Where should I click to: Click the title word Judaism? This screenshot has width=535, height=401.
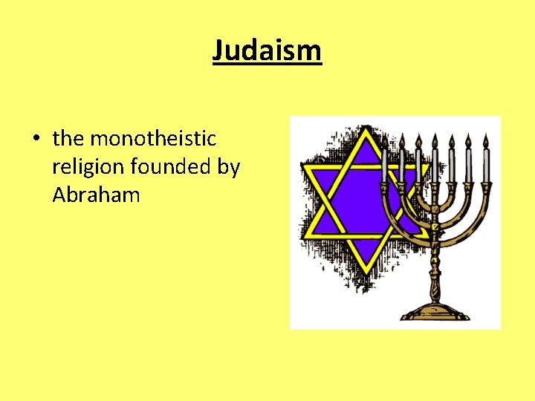(x=267, y=51)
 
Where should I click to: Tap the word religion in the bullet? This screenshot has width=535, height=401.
(x=88, y=168)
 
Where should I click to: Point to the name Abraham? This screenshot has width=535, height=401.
(x=96, y=195)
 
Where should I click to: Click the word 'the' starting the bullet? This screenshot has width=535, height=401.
(x=68, y=139)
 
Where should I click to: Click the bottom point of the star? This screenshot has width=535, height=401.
(x=365, y=268)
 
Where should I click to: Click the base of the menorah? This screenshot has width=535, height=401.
(x=435, y=312)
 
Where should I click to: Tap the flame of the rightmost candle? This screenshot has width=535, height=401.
(x=485, y=140)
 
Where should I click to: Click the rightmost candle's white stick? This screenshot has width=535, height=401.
(x=485, y=165)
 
